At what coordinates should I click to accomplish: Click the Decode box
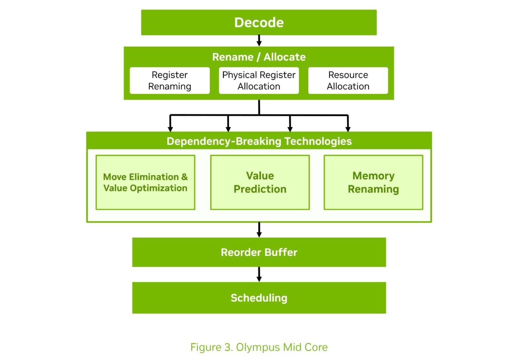259,23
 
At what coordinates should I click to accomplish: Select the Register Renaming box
170,80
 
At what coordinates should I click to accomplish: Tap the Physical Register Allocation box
259,80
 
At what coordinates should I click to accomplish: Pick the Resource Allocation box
348,80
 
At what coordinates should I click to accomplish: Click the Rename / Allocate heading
259,57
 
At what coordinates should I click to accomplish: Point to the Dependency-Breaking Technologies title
259,141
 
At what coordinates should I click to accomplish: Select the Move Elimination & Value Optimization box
146,182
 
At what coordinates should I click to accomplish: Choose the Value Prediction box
260,182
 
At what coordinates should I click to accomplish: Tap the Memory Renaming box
373,182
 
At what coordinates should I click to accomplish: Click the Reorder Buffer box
259,252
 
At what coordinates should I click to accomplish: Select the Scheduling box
259,298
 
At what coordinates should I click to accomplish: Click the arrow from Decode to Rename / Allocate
259,41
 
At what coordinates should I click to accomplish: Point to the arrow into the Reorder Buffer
259,230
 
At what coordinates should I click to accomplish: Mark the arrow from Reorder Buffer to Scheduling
259,274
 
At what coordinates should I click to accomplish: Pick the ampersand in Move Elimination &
184,177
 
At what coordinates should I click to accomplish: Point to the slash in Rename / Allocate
258,57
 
